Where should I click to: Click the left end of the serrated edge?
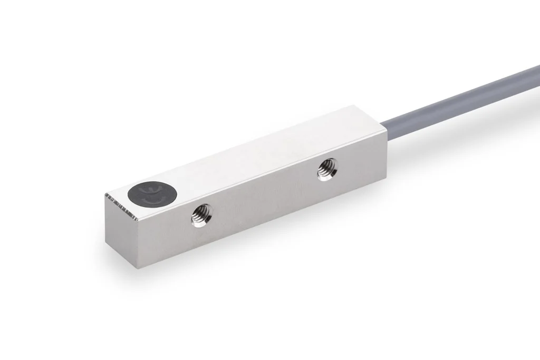[107, 197]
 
